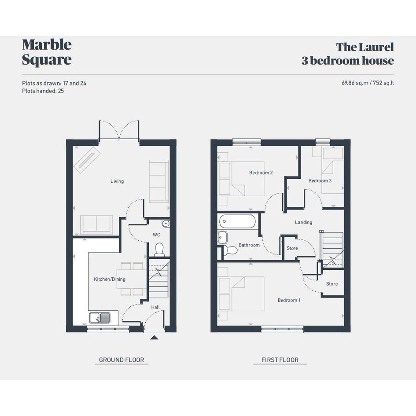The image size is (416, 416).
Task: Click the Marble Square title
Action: coord(47,52)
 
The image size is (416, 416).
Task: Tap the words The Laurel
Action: coord(365,47)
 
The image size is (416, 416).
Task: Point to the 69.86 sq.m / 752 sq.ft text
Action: coord(368,83)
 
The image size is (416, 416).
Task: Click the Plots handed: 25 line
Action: coord(43,91)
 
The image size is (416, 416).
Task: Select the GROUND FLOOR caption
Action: coord(121,360)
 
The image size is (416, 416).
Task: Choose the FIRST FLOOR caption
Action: coord(280,360)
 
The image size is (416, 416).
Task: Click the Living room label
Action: coord(117,181)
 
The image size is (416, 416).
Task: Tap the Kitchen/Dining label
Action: coord(110,279)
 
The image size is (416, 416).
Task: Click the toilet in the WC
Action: coord(159,250)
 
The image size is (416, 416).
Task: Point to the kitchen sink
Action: coord(100,317)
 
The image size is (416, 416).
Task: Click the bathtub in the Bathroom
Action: coord(237,221)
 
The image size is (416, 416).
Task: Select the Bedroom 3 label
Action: coord(320,180)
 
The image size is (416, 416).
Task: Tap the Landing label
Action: coord(303,222)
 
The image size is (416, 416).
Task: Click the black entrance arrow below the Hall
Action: coord(154,338)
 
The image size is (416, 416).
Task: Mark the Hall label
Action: coord(155,307)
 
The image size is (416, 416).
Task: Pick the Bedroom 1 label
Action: coord(289,300)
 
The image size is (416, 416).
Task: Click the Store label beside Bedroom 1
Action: coord(332,284)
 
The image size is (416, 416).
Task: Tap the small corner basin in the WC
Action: coord(166,223)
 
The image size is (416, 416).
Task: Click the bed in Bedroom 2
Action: coord(248,179)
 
